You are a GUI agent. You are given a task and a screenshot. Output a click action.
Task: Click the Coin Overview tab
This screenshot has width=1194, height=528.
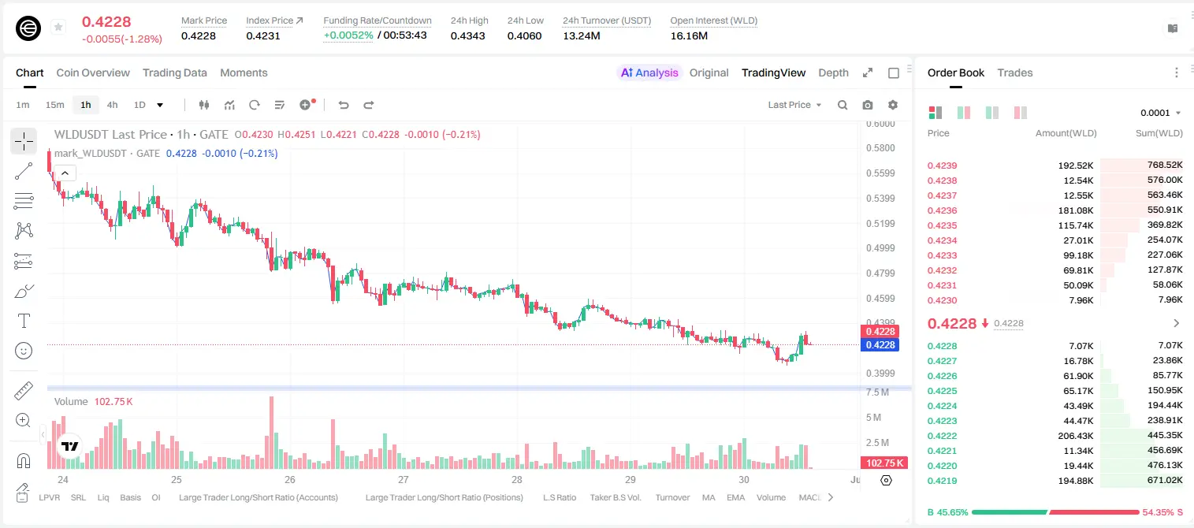93,73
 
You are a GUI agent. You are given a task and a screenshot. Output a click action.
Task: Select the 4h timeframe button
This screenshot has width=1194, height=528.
112,105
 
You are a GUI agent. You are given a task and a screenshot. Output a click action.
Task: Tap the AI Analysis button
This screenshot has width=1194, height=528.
649,73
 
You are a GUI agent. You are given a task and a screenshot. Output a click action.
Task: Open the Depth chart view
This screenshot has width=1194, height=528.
833,73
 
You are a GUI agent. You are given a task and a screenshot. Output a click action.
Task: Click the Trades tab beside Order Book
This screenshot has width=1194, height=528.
1015,73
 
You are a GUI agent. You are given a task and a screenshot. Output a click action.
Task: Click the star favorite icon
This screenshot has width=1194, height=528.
58,27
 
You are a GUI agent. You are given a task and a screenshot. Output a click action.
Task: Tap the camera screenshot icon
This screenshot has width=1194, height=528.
868,105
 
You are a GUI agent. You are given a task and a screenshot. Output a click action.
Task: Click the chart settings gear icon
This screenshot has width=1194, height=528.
893,105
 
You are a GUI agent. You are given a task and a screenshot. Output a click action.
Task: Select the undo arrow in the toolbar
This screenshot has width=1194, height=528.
344,105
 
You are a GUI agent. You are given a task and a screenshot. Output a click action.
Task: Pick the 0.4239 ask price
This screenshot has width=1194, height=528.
942,165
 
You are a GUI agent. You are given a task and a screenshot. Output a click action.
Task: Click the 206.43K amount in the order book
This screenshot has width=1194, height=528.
1076,436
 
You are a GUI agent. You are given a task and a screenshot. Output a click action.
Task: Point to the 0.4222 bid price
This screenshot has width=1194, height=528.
942,436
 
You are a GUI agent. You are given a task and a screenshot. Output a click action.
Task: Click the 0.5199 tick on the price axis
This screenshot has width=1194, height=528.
880,224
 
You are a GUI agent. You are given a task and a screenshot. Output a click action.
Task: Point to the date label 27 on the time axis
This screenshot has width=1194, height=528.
404,479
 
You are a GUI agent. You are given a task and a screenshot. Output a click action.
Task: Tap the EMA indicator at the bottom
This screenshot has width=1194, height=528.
735,497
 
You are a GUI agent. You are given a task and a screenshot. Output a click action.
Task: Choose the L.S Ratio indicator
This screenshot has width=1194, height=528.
560,497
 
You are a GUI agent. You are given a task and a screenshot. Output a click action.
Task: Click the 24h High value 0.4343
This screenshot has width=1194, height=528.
467,35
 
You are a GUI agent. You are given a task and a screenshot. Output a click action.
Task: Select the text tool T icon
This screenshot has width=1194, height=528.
24,321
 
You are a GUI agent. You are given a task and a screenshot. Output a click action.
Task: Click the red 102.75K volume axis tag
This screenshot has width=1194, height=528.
884,463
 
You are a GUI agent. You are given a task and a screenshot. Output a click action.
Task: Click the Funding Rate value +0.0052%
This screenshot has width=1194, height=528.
348,35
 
